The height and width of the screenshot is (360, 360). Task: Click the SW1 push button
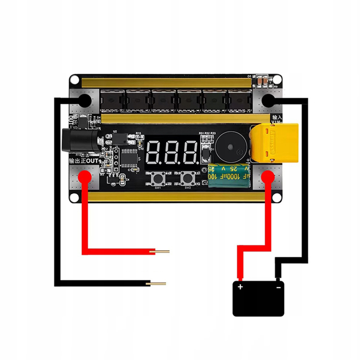pyautogui.click(x=158, y=178)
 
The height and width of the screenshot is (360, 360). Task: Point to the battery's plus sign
pyautogui.click(x=240, y=287)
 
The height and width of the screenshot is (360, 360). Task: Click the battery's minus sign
pyautogui.click(x=278, y=287)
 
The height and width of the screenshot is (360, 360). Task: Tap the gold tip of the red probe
pyautogui.click(x=162, y=252)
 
